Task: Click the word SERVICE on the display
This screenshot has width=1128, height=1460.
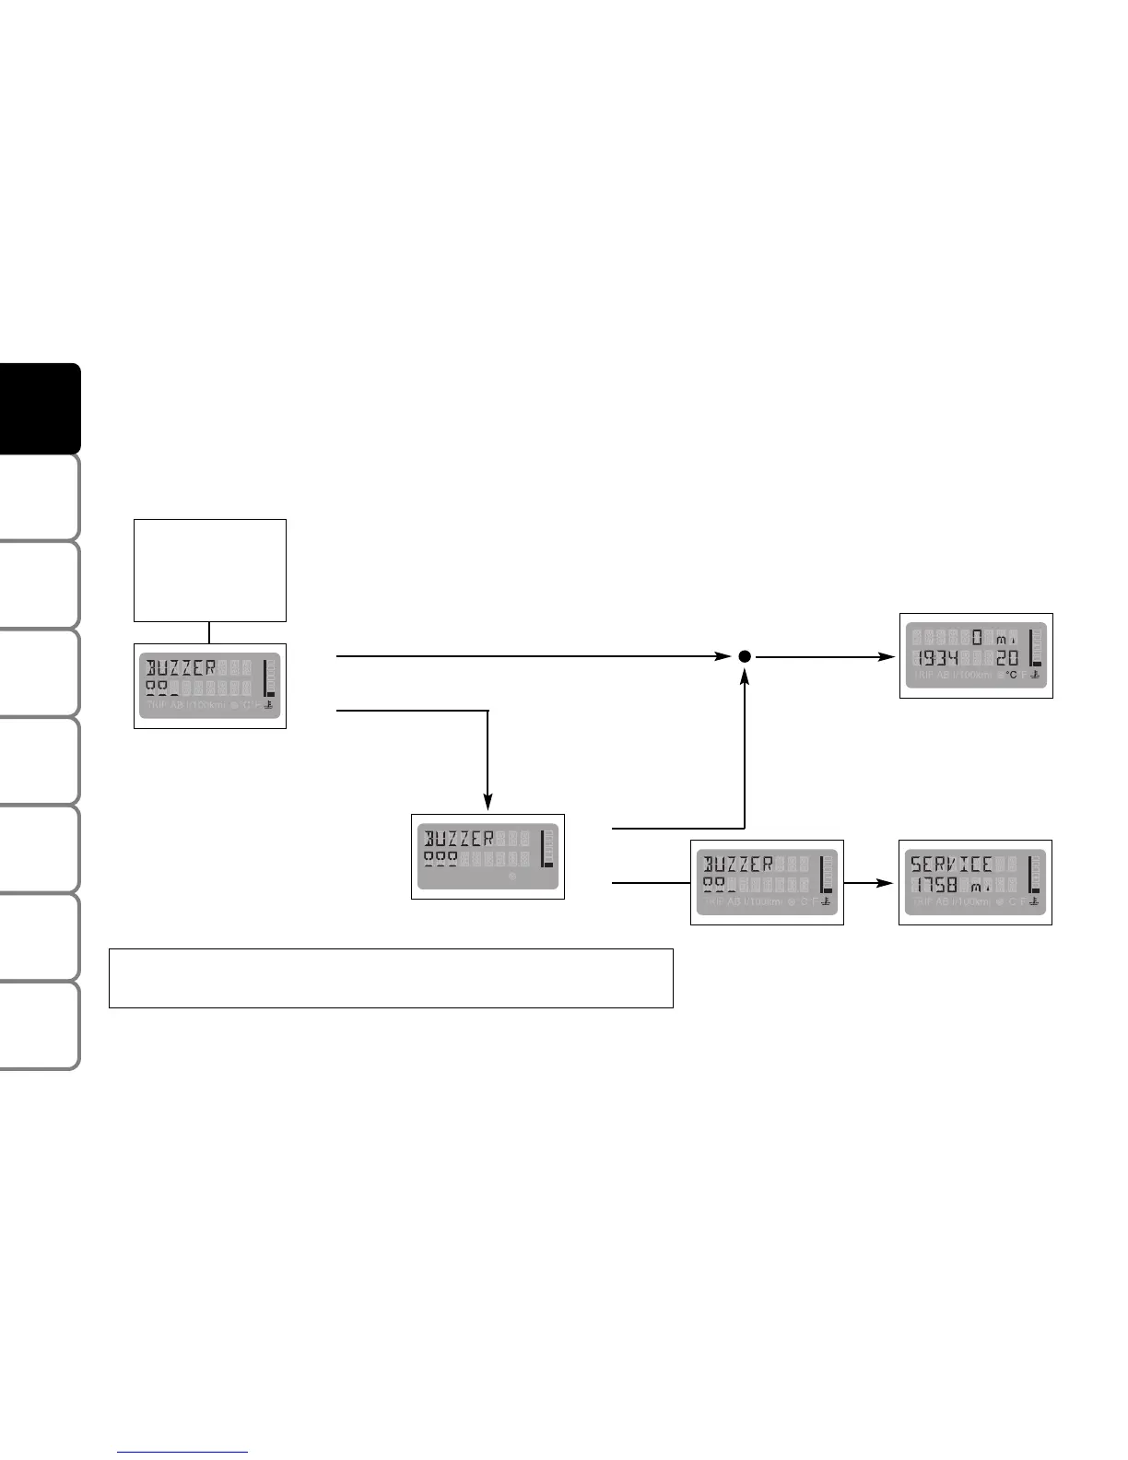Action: (951, 865)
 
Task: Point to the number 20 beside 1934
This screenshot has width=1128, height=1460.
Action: (1007, 658)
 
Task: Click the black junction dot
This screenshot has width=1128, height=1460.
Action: (745, 656)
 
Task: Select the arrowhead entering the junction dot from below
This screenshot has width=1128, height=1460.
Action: (745, 677)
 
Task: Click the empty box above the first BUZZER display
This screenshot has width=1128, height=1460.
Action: (210, 570)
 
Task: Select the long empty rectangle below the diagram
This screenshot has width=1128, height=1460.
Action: (391, 978)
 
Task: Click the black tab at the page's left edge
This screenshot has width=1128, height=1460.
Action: (40, 408)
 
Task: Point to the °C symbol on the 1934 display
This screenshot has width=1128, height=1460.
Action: (1011, 676)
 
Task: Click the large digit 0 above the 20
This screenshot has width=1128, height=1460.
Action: (977, 637)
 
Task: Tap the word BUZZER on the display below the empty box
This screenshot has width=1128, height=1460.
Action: (182, 667)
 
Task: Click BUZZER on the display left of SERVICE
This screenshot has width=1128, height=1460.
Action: (739, 865)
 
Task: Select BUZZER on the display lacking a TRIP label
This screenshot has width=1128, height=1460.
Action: (459, 839)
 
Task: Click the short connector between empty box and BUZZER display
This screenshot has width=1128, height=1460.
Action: (210, 632)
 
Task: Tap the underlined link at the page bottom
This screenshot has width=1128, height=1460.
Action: (183, 1452)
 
